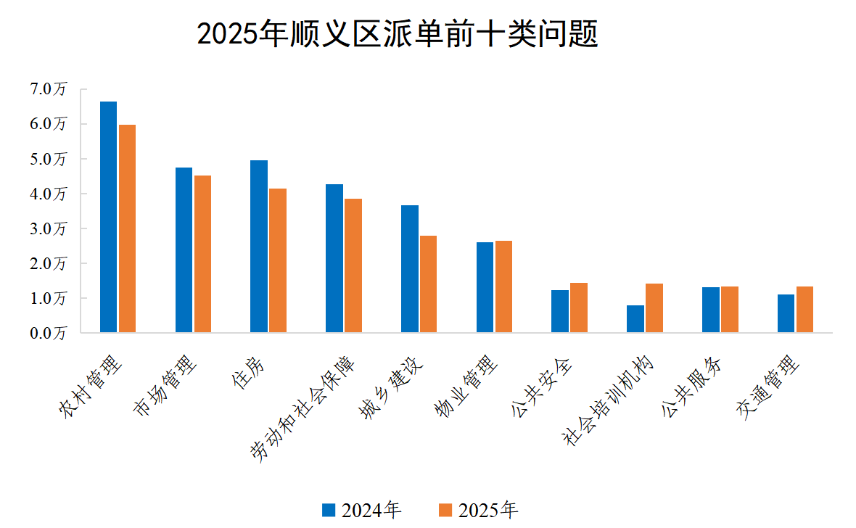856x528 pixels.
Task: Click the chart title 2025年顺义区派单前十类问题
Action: coord(397,34)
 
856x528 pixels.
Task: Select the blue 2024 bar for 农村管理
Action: coord(108,218)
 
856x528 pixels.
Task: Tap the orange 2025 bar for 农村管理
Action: coord(127,229)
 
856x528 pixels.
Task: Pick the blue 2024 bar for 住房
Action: coord(259,247)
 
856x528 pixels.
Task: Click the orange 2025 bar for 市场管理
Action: coord(202,255)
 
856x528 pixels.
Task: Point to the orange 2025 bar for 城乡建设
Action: coord(428,284)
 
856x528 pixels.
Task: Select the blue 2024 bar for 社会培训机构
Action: coord(635,319)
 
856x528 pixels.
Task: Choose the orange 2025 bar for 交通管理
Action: coord(804,310)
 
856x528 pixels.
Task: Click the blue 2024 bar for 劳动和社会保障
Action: coord(334,259)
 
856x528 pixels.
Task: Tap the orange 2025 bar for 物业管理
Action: coord(503,287)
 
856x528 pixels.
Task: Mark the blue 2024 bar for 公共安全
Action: coord(560,312)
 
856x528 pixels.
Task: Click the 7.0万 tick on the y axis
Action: coord(48,89)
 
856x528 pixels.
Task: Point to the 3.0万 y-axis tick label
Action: coord(48,228)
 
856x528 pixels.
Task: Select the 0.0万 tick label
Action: coord(48,334)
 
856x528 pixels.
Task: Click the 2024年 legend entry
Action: coord(361,511)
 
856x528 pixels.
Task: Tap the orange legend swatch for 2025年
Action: coord(446,511)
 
